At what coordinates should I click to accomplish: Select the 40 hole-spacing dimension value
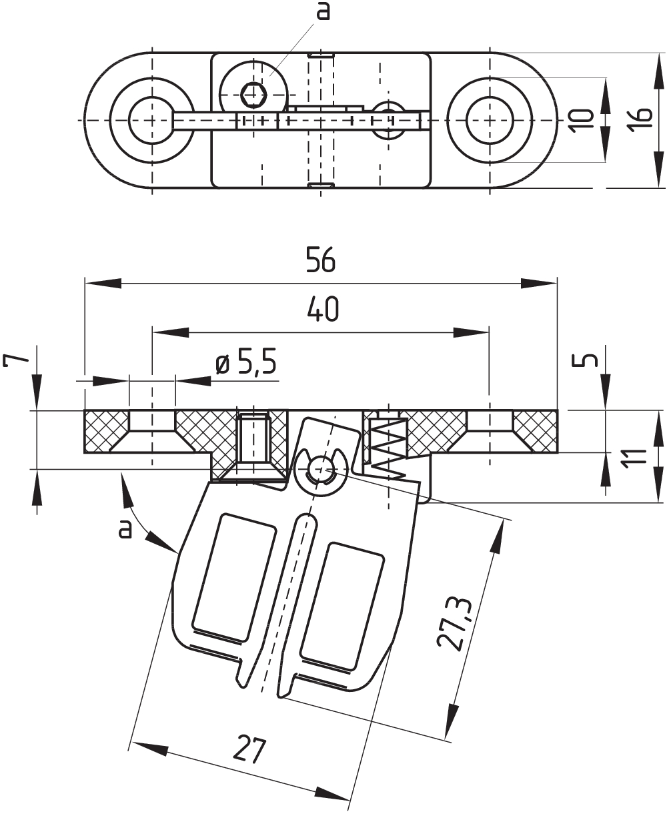coord(323,309)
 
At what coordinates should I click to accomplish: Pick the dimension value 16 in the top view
coord(641,120)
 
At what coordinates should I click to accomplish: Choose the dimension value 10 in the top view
coord(582,120)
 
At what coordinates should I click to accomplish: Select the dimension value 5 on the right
coord(586,361)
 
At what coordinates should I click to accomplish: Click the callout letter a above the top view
coord(323,11)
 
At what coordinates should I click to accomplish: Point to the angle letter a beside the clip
coord(124,528)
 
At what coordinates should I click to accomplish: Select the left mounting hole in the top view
coord(152,120)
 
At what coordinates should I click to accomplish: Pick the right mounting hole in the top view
coord(490,120)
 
